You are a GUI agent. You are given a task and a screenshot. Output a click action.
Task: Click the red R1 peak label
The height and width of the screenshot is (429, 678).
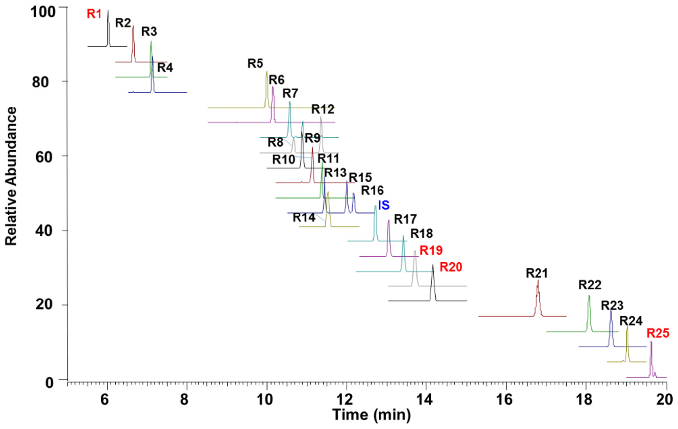pos(94,14)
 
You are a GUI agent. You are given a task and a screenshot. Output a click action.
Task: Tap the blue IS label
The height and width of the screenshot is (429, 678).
pos(384,205)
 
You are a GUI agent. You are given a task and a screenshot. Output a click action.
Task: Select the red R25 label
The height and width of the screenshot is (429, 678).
pos(658,333)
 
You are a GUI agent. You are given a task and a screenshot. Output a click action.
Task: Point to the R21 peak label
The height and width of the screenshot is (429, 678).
pos(537,273)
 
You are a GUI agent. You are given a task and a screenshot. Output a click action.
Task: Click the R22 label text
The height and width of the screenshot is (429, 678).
pos(590,285)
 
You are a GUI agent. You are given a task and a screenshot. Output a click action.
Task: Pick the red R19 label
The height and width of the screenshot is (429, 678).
pos(431,250)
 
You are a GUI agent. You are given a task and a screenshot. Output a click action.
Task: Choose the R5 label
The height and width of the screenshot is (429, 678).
pos(255,64)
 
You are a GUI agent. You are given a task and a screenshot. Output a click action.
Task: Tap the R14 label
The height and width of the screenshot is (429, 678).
pos(304,218)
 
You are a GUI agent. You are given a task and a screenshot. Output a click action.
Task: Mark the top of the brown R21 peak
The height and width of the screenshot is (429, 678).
pos(538,281)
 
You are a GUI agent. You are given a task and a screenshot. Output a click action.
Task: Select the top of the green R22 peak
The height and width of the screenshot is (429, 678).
pos(589,296)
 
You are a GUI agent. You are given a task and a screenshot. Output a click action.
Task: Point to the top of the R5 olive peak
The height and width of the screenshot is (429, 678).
pos(267,72)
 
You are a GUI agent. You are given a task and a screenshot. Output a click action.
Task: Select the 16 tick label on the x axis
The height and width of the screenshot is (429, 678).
pos(506,399)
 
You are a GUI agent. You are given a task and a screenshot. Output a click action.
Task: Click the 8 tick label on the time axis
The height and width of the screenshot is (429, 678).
pos(184,399)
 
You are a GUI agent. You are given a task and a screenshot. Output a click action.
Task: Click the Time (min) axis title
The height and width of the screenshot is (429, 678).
pos(371,415)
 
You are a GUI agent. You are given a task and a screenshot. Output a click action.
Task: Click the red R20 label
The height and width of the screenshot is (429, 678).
pos(451,267)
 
